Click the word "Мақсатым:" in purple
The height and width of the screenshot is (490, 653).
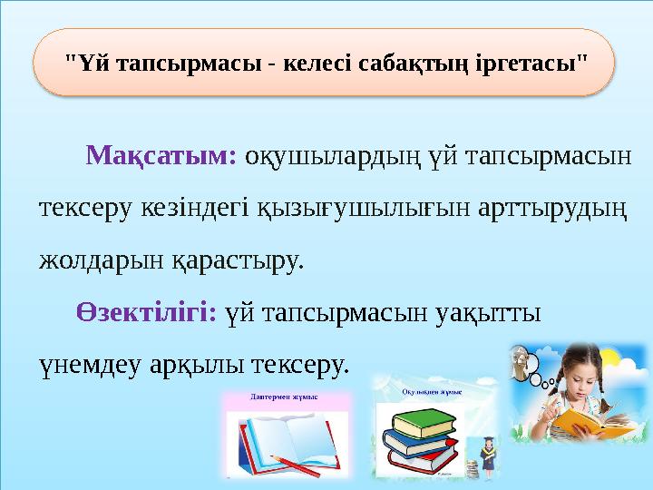161,156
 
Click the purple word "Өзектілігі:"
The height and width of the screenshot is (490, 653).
146,313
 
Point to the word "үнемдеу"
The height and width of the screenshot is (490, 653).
89,366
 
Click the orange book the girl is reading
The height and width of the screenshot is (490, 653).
584,420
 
